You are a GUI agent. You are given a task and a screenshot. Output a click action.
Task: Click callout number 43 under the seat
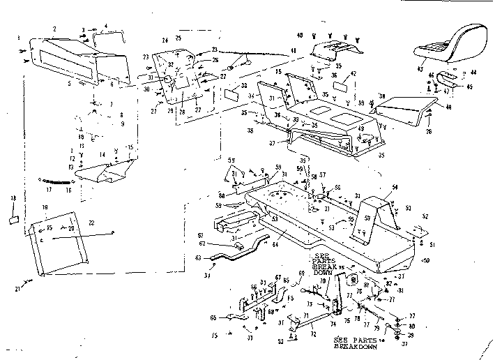(420, 68)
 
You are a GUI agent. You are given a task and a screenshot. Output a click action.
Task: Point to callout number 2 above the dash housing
(54, 29)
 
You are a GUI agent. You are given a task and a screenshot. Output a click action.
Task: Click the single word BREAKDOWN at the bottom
(356, 346)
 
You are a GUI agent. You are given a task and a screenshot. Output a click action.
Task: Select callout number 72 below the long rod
(312, 336)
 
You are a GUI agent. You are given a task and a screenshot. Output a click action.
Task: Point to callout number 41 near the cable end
(294, 51)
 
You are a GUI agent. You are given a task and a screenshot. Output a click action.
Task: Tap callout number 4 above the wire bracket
(105, 27)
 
